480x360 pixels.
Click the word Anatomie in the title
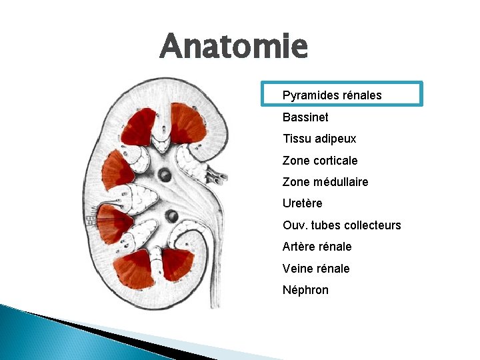[234, 46]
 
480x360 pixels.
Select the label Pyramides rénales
[332, 95]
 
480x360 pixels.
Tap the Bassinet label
[305, 117]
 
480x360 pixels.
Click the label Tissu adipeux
[319, 139]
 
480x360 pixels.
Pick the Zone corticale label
[320, 161]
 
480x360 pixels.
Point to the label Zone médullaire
[325, 182]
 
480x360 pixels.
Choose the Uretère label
[303, 203]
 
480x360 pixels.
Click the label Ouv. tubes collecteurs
[341, 225]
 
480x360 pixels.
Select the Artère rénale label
[317, 247]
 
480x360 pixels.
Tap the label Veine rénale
[316, 269]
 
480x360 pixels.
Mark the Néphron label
[305, 290]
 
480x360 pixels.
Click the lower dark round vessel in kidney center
[171, 215]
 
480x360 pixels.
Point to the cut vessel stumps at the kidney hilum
[216, 175]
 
